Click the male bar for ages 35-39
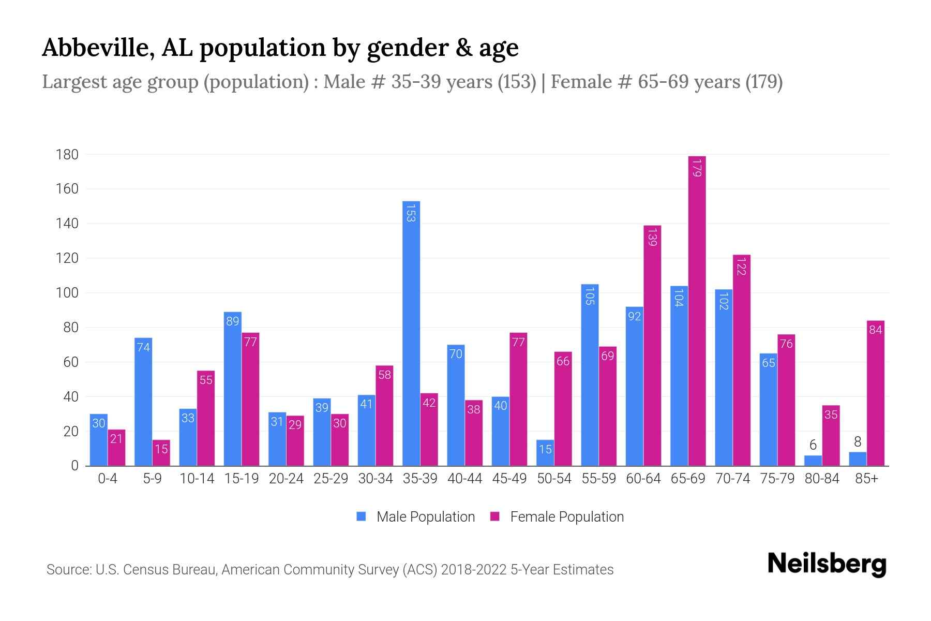click(411, 334)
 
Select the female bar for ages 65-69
click(697, 310)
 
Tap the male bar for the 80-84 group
click(813, 460)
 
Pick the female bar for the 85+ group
click(875, 393)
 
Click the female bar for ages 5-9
click(161, 453)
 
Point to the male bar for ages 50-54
click(545, 453)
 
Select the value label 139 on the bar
click(652, 236)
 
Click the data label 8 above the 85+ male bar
click(858, 441)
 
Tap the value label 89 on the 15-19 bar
click(232, 321)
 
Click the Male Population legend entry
click(416, 516)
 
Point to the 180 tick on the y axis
click(67, 154)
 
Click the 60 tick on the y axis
click(71, 362)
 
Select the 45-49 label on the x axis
click(509, 479)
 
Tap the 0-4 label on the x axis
click(108, 479)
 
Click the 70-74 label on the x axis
click(732, 479)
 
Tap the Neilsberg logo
click(827, 564)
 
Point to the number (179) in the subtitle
click(764, 82)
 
